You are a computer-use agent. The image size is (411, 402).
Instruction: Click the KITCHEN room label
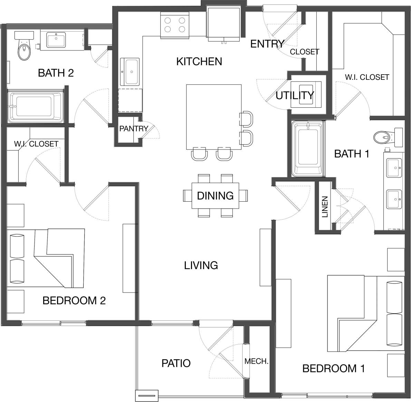[x=199, y=61]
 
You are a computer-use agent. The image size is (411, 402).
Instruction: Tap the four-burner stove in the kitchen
[x=175, y=25]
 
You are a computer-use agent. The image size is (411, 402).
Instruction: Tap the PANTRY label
[x=133, y=129]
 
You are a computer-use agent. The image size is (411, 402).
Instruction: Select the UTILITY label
[x=295, y=95]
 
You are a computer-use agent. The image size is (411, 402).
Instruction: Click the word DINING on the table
[x=215, y=196]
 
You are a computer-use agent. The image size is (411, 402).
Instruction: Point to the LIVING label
[x=201, y=265]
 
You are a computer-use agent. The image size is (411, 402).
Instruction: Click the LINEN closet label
[x=325, y=207]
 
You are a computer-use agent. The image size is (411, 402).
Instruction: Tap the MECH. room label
[x=256, y=362]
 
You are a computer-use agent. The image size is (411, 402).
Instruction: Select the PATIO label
[x=176, y=363]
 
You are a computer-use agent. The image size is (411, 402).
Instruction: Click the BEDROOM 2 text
[x=74, y=300]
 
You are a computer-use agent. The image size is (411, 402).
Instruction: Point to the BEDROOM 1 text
[x=333, y=368]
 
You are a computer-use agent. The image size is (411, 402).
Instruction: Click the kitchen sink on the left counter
[x=131, y=72]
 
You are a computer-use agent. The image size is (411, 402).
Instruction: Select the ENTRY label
[x=267, y=44]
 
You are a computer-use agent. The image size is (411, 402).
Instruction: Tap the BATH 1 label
[x=352, y=154]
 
